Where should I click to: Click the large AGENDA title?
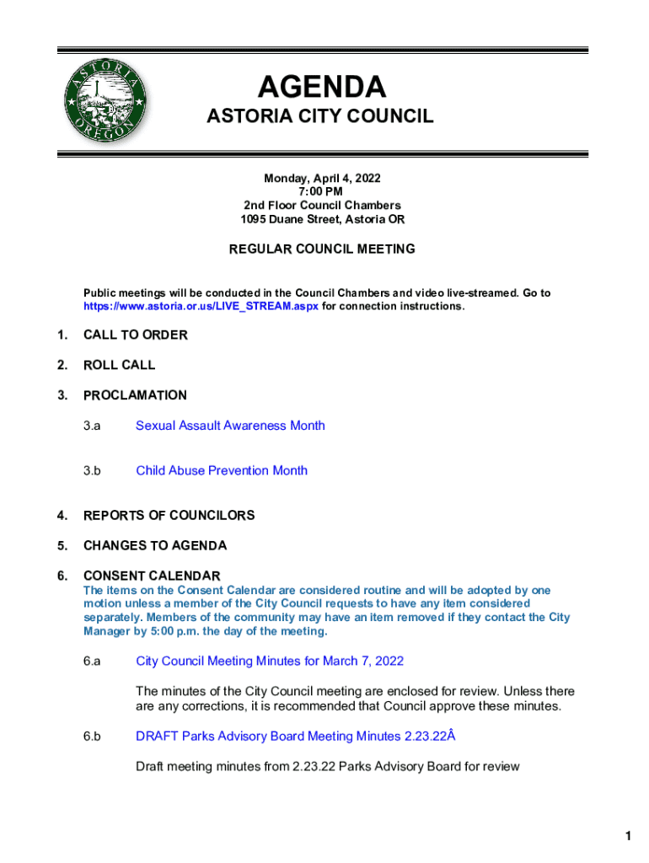(321, 87)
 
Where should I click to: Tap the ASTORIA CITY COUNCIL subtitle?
(320, 116)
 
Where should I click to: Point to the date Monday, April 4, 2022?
(322, 179)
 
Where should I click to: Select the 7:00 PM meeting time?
(322, 192)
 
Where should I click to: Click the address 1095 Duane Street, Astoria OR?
(322, 219)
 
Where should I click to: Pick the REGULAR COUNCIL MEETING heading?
(322, 249)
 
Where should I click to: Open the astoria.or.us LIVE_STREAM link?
(201, 307)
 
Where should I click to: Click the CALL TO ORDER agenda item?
(136, 335)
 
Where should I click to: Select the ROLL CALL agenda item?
(120, 365)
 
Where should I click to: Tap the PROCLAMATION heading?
(135, 395)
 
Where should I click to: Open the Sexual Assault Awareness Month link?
(230, 426)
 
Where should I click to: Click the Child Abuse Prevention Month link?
(222, 470)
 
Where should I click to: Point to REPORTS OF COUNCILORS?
(169, 515)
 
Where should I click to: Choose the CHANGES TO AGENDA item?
(155, 545)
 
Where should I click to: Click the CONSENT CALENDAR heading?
(152, 576)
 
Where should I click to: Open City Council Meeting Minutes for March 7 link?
(270, 661)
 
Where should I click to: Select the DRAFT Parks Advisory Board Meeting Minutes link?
(295, 737)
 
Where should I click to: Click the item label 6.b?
(92, 737)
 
